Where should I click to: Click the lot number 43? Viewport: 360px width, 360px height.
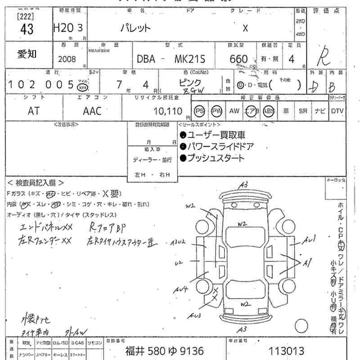[x=27, y=29]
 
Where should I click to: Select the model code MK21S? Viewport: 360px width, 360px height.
[x=189, y=59]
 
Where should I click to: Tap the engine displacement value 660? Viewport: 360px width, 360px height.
[x=238, y=59]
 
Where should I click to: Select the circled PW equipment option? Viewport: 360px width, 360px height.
[x=217, y=111]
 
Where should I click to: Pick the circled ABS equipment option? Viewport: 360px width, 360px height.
[x=269, y=111]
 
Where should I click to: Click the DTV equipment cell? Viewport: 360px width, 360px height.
[x=337, y=111]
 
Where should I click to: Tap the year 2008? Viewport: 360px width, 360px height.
[x=67, y=59]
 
